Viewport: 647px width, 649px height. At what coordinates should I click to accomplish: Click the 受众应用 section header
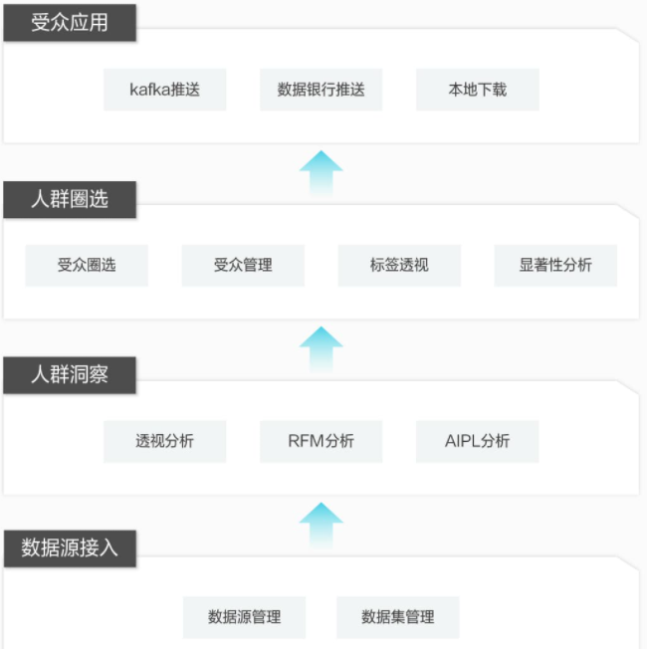70,22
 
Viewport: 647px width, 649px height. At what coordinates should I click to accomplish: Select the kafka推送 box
165,90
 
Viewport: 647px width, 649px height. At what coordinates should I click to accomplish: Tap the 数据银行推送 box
322,90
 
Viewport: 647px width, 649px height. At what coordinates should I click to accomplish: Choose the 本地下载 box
478,90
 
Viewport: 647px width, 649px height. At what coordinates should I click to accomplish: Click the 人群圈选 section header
70,199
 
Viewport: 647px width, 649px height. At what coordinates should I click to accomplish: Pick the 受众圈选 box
87,266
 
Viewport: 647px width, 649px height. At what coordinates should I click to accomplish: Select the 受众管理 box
243,266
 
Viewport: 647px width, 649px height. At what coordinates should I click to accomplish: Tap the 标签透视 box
399,266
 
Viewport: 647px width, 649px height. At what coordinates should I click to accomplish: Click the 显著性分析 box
555,266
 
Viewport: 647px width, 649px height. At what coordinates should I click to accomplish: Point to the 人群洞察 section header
70,375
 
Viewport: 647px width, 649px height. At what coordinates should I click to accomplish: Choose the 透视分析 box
165,441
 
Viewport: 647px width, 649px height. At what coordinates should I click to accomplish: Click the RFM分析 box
322,441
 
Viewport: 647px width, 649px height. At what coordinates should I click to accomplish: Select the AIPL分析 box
477,441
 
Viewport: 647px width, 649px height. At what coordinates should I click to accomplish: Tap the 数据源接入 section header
70,548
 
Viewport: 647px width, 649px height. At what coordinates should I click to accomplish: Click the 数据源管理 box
244,617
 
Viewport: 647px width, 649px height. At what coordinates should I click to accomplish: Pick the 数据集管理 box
398,617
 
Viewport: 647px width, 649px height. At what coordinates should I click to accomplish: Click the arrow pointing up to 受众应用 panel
322,174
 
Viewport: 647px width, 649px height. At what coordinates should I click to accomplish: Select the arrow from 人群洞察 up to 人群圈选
322,349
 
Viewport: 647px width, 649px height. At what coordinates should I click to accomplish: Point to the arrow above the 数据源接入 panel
322,526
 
